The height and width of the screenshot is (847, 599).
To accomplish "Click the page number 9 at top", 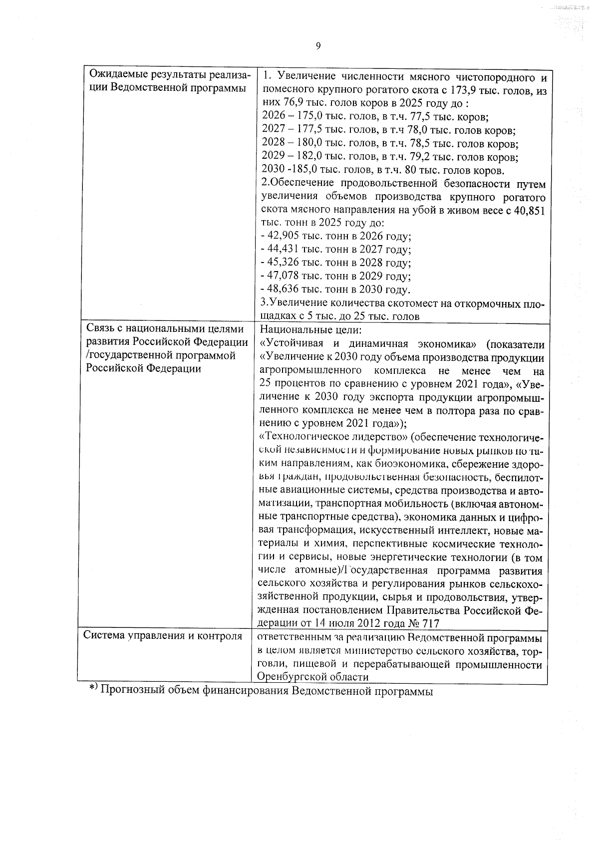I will (318, 46).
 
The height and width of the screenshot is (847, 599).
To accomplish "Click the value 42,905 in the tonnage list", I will (282, 237).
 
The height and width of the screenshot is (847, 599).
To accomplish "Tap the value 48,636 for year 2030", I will (282, 290).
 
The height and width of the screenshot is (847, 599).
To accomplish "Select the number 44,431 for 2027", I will (282, 250).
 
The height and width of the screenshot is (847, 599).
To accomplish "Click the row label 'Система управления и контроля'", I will (163, 636).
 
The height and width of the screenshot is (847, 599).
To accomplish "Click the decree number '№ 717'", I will (425, 623).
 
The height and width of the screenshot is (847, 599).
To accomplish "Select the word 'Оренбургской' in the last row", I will (291, 677).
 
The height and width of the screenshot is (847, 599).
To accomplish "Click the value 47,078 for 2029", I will (282, 277).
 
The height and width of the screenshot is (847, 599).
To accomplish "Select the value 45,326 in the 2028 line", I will (282, 264).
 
